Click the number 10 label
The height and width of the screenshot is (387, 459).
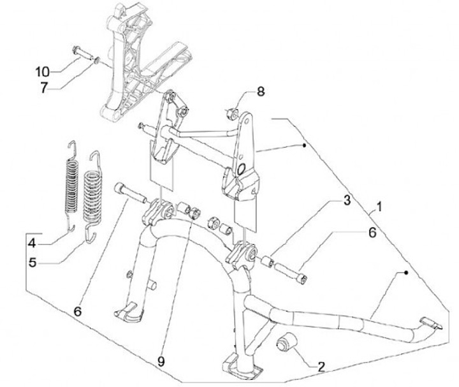point(43,71)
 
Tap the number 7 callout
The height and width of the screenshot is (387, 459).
point(44,87)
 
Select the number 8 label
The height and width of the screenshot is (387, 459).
point(261,92)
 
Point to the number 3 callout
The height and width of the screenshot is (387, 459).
point(346,201)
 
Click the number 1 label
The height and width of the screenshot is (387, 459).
point(379,207)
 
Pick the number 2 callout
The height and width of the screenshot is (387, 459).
point(321,367)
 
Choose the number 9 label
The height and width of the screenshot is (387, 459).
point(161,361)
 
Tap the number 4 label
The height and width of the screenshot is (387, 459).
point(33,243)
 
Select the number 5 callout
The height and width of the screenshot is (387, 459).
point(33,262)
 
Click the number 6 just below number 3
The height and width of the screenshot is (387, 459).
point(372,233)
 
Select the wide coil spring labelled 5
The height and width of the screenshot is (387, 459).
point(93,197)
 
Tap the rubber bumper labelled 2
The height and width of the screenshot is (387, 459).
point(287,340)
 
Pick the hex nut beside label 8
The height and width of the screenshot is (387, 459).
point(233,113)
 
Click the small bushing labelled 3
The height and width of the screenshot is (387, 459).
point(267,261)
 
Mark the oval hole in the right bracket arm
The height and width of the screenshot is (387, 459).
point(241,168)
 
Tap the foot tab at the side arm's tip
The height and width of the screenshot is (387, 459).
point(432,324)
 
